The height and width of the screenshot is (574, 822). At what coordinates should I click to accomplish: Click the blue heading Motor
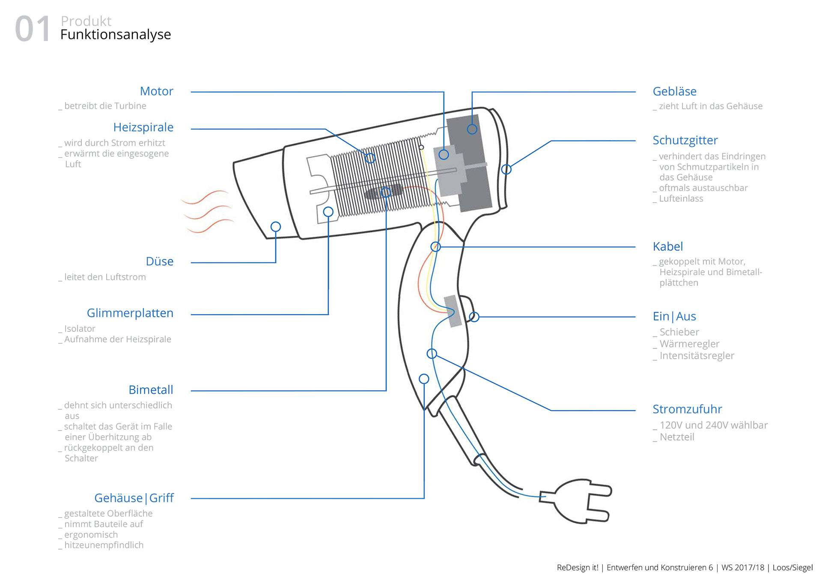click(156, 91)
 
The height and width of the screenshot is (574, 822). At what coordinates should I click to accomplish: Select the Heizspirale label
click(143, 127)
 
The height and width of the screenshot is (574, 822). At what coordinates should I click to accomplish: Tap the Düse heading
click(159, 261)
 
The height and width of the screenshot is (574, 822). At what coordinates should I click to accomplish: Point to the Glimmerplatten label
click(130, 313)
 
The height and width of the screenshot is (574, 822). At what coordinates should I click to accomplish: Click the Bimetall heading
click(151, 390)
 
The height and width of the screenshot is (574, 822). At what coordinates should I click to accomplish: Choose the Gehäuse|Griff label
click(134, 498)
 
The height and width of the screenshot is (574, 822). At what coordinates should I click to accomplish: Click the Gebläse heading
click(674, 91)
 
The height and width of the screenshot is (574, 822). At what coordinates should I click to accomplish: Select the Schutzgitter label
click(685, 140)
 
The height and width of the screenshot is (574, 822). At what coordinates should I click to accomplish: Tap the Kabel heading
click(667, 247)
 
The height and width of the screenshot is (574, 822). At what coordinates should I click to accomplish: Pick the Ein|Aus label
click(674, 316)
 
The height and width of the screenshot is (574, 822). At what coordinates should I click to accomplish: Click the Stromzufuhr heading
click(687, 409)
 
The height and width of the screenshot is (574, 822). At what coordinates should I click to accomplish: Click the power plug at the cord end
click(578, 501)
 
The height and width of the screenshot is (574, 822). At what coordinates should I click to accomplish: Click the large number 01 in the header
click(33, 29)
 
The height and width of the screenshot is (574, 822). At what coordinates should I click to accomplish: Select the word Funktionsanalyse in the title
click(116, 35)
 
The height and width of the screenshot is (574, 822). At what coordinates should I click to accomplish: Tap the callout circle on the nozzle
click(276, 227)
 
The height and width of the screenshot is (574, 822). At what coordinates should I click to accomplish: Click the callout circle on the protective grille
click(506, 170)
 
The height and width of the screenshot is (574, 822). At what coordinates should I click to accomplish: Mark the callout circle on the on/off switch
click(474, 317)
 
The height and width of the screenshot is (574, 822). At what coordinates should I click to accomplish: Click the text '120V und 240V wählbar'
click(713, 425)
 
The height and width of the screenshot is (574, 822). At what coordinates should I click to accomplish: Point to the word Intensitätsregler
click(697, 356)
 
